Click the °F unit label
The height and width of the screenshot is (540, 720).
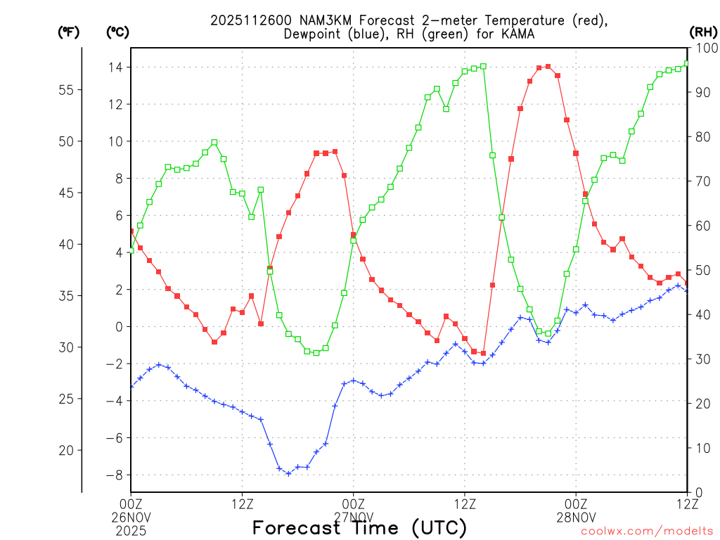[x=68, y=32]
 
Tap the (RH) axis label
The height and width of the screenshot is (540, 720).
[x=702, y=32]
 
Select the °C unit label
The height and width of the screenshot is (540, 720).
[x=117, y=32]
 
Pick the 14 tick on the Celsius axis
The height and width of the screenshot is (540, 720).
[x=114, y=67]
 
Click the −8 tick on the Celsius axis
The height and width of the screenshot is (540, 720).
[x=112, y=475]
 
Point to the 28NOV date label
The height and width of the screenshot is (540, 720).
[x=576, y=516]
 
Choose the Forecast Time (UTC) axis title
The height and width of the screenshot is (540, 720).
[x=359, y=528]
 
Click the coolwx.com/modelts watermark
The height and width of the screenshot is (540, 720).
[x=647, y=532]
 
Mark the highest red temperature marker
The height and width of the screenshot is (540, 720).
[x=548, y=67]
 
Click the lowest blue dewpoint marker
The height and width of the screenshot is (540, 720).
[x=288, y=474]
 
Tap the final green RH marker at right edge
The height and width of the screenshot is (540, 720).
[x=687, y=63]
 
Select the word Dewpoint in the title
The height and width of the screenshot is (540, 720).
[x=314, y=34]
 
